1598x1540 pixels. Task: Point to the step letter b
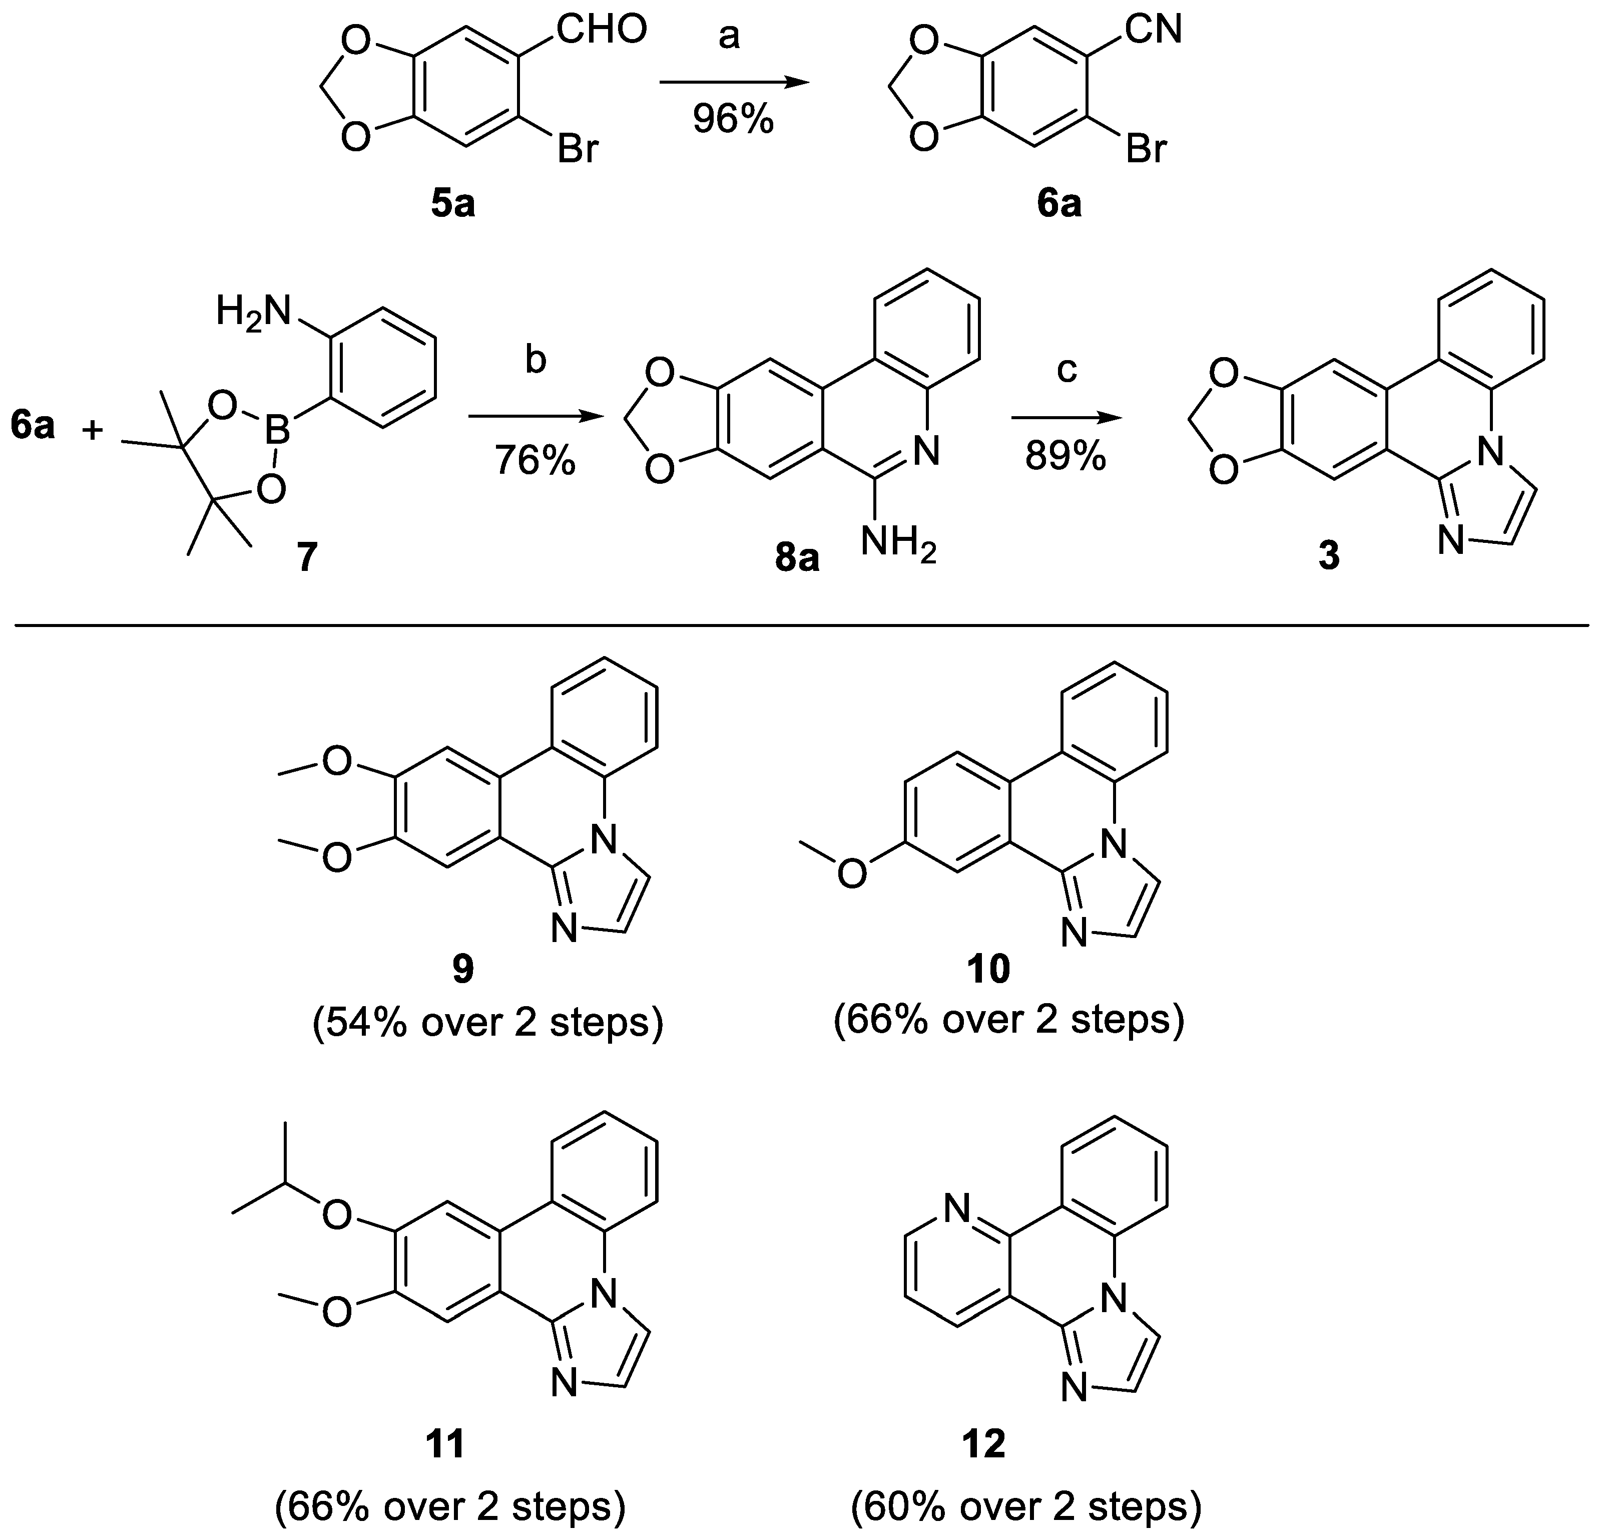(x=535, y=360)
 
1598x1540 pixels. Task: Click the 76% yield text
(x=535, y=462)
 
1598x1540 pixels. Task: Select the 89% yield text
(x=1066, y=458)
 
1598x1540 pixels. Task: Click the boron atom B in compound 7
(x=279, y=432)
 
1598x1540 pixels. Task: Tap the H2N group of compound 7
(x=254, y=312)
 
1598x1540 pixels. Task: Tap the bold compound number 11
(x=446, y=1444)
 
